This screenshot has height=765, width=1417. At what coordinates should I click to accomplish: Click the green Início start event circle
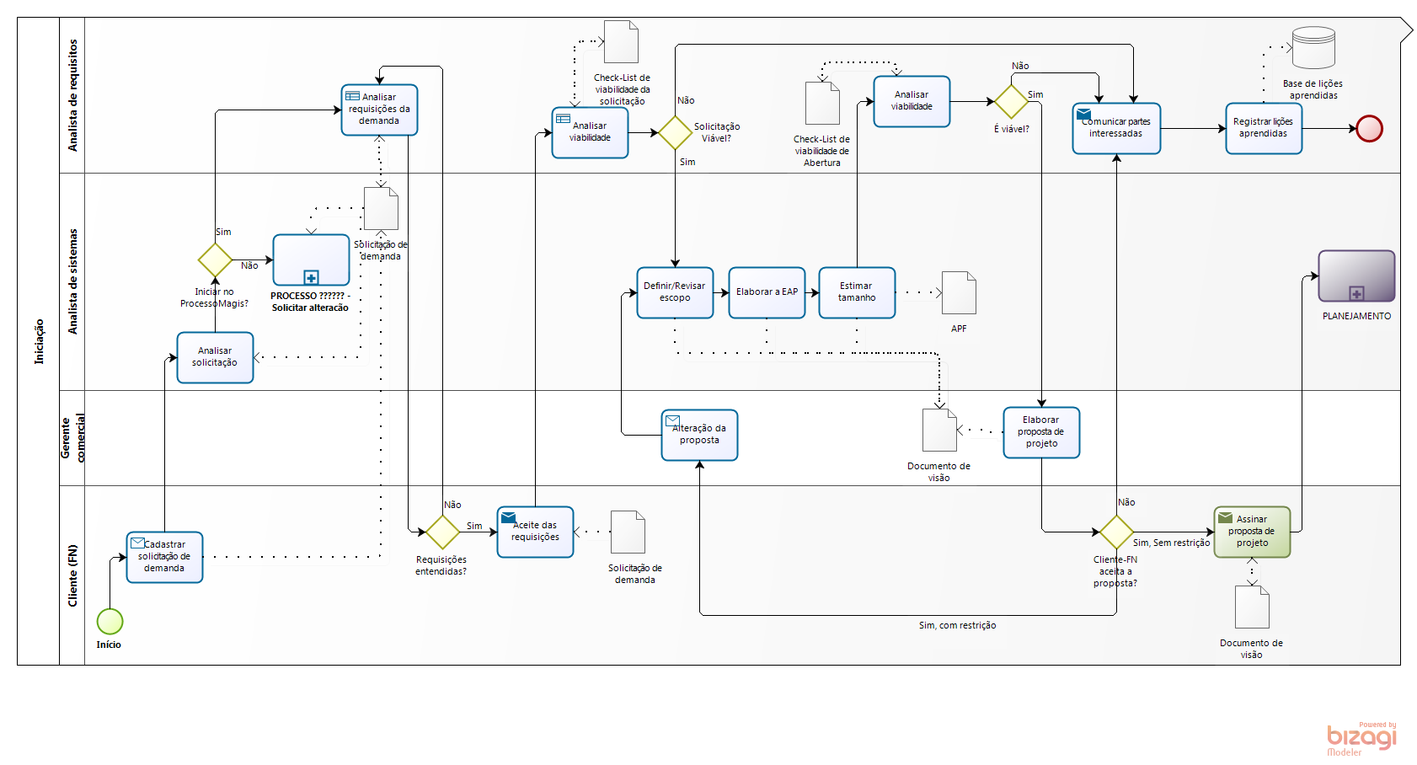click(110, 622)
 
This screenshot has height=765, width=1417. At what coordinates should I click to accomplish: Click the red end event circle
click(1369, 129)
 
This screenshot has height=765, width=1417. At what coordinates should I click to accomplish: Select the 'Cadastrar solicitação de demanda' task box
click(164, 557)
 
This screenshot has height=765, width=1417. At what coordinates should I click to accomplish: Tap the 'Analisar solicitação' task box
click(215, 357)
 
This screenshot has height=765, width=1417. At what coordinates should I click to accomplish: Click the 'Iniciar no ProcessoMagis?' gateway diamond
click(215, 259)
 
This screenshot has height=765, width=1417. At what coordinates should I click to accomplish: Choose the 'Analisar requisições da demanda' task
click(379, 110)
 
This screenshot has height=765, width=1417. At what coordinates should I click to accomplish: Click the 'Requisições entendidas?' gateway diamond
click(442, 532)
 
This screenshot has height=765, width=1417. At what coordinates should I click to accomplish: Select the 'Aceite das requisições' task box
click(535, 532)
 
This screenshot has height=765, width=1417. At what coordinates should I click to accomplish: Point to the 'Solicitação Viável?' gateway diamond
click(675, 132)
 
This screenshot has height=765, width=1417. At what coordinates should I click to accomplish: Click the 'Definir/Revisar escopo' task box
click(675, 292)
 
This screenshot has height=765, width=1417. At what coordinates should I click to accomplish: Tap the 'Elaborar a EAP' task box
click(767, 292)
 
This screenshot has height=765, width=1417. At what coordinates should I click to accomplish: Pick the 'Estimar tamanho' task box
click(857, 292)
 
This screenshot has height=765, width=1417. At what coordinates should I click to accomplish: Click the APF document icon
click(959, 293)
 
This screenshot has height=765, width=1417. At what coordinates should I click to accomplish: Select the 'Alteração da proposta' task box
click(699, 435)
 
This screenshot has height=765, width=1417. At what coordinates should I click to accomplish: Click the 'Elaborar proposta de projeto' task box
click(1041, 432)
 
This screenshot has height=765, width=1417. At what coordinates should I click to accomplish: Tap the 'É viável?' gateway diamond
click(1011, 102)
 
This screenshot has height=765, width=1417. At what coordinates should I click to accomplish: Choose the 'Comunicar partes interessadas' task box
click(1116, 128)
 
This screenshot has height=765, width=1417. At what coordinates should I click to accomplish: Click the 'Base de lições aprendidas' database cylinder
click(1313, 48)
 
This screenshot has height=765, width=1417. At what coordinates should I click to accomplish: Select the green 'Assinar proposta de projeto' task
click(1252, 532)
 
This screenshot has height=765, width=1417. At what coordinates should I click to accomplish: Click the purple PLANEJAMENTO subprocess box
click(1356, 276)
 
